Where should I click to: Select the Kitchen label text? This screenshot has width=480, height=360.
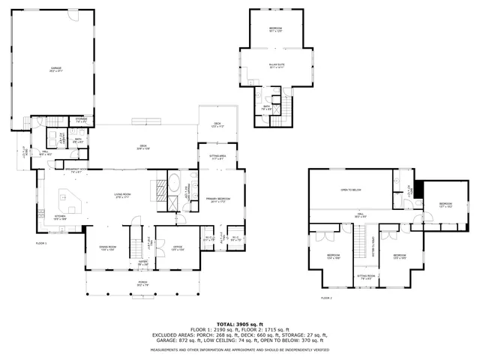(60, 218)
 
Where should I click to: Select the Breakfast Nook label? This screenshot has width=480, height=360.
(73, 171)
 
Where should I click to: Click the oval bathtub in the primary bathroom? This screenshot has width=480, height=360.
(174, 183)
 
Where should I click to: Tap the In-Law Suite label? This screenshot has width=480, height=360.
(277, 65)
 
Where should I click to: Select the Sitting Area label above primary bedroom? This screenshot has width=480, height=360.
(218, 157)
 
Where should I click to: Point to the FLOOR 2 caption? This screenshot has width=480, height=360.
(326, 298)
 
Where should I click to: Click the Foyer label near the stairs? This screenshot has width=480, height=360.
(142, 263)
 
